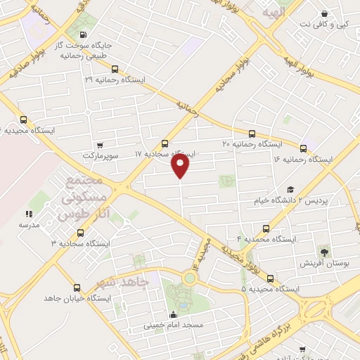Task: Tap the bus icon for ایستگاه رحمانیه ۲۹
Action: [115, 70]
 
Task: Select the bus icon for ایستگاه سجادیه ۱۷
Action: [165, 143]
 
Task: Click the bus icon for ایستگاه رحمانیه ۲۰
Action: [252, 134]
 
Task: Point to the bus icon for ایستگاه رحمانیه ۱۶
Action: [304, 148]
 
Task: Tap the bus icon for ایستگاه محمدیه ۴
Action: [266, 229]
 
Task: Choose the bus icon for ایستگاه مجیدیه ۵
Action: [271, 278]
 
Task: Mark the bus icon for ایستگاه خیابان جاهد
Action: [77, 288]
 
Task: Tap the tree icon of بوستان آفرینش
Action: [324, 251]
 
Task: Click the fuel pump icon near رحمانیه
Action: [84, 36]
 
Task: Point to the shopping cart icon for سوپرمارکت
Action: [108, 143]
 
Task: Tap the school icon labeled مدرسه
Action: [28, 214]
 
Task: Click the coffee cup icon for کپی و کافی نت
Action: [323, 13]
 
